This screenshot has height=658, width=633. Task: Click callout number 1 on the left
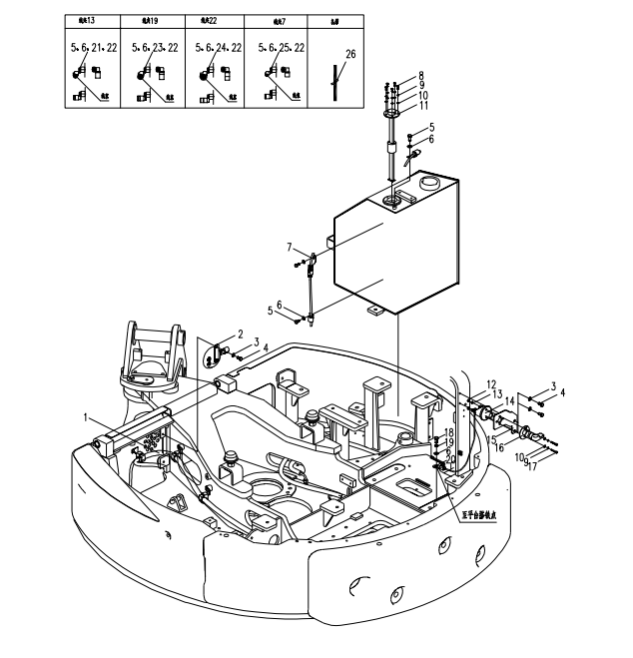[x=88, y=415]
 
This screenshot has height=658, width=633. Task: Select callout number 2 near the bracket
[x=240, y=333]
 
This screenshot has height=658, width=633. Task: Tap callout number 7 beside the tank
[x=290, y=247]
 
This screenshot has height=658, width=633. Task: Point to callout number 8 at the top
[x=421, y=75]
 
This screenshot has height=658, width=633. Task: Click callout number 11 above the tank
[x=422, y=105]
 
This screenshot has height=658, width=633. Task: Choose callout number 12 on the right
[x=490, y=384]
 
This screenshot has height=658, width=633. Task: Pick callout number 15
[x=491, y=438]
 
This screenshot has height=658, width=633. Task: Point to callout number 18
[x=449, y=431]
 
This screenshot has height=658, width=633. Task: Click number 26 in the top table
[x=349, y=55]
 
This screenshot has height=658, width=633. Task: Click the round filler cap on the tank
[x=430, y=183]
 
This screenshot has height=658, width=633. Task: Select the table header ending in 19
[x=149, y=20]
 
